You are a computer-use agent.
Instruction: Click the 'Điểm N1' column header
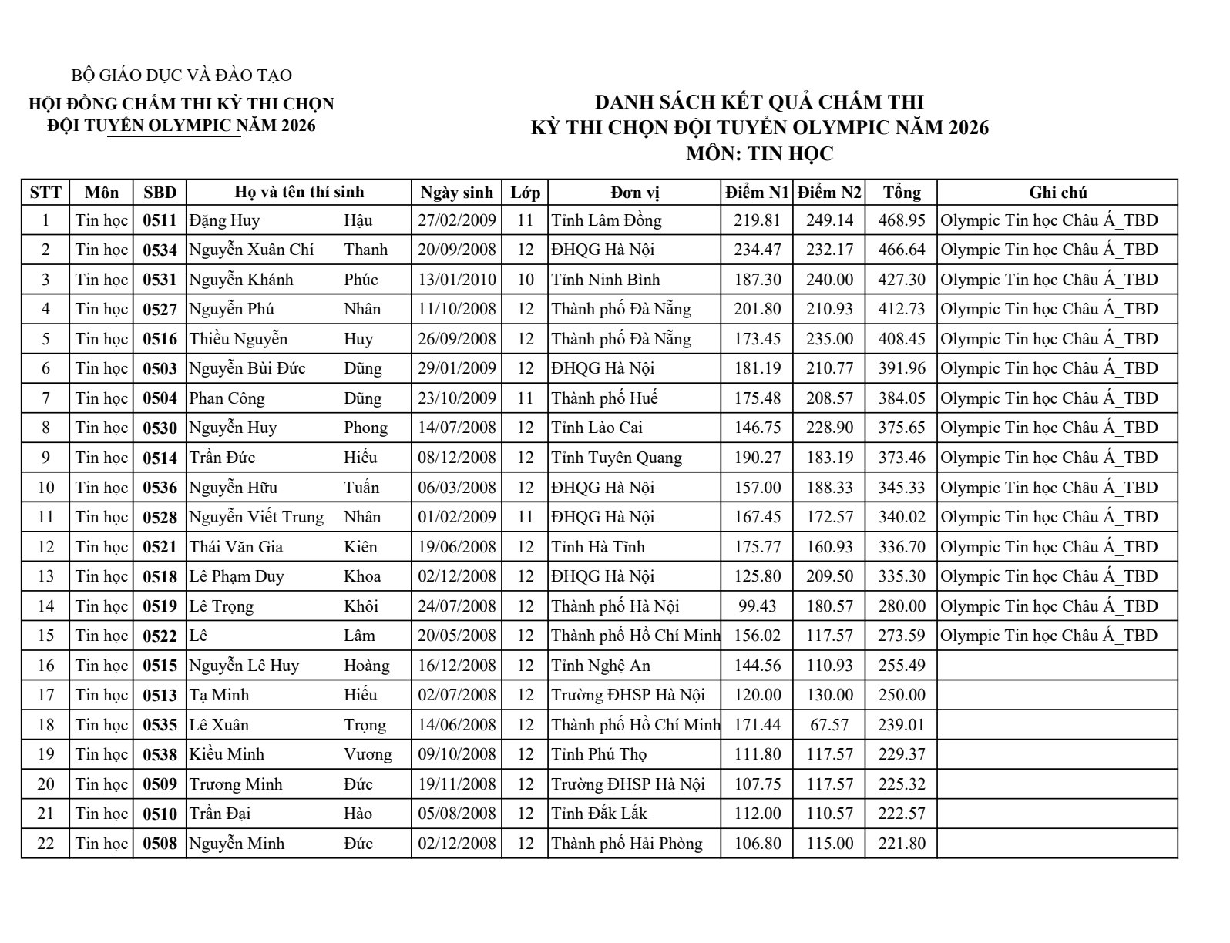[757, 192]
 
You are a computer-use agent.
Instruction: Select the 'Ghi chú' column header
[1057, 192]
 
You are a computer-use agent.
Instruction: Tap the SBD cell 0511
[160, 220]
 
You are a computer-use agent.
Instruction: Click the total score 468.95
[901, 220]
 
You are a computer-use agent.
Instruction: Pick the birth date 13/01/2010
[457, 280]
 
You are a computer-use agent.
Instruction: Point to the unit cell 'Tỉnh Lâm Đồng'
[607, 220]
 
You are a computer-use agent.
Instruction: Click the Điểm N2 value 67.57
[829, 725]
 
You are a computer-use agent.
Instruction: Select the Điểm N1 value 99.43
[757, 606]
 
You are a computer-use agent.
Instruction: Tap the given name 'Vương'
[368, 754]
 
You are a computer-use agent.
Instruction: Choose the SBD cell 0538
[160, 755]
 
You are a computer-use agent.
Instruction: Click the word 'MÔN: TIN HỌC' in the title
[759, 153]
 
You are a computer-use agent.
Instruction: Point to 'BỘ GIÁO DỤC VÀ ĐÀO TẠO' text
[181, 76]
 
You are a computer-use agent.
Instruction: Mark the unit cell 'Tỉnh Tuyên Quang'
[617, 458]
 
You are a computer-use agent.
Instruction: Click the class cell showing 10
[525, 280]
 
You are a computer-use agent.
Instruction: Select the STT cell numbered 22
[45, 844]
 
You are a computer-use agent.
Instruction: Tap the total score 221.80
[901, 844]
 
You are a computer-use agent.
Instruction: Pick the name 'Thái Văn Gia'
[237, 547]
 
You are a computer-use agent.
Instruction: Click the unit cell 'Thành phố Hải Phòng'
[627, 844]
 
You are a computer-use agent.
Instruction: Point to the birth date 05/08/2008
[457, 814]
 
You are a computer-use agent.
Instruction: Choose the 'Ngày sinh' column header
[456, 192]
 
